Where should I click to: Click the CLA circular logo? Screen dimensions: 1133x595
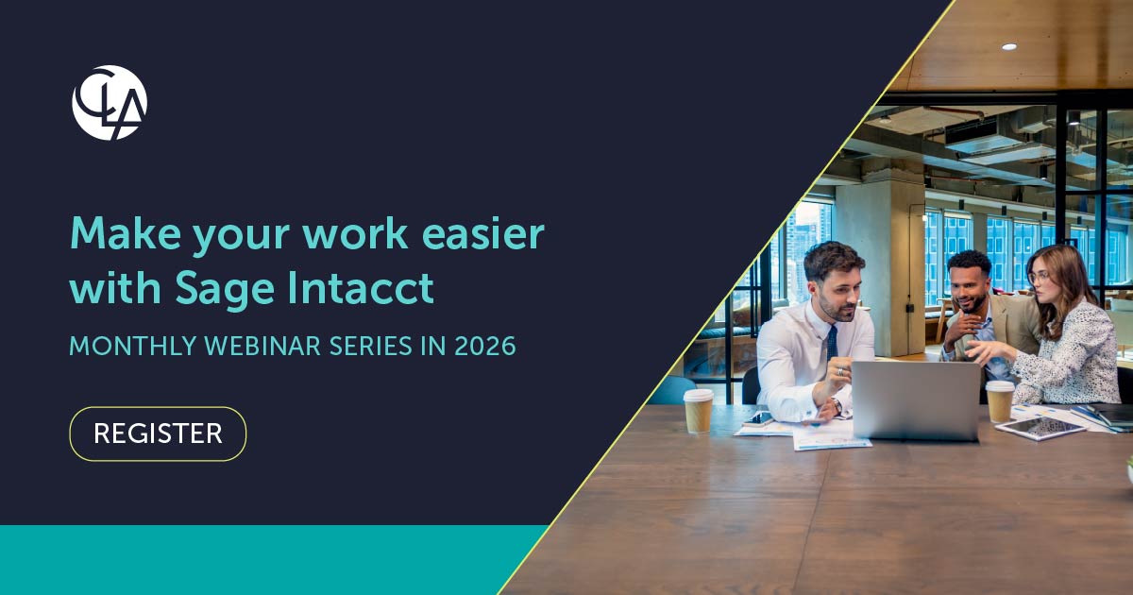[x=110, y=103]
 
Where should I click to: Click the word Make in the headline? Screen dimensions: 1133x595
[x=125, y=234]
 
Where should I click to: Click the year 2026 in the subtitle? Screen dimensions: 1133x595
[x=485, y=346]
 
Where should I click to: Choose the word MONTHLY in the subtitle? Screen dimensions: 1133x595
[x=133, y=346]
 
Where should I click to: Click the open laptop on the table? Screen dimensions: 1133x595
[x=916, y=400]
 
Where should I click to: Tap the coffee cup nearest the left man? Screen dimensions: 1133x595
[x=698, y=410]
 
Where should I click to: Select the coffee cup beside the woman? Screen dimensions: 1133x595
[x=1000, y=401]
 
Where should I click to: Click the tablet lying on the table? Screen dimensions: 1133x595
[x=1040, y=428]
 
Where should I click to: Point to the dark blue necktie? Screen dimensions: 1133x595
[x=832, y=343]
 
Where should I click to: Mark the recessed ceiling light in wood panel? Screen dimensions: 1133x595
[x=1009, y=46]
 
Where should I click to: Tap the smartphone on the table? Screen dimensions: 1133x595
[x=758, y=417]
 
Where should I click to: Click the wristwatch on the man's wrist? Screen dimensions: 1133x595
[x=837, y=405]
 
